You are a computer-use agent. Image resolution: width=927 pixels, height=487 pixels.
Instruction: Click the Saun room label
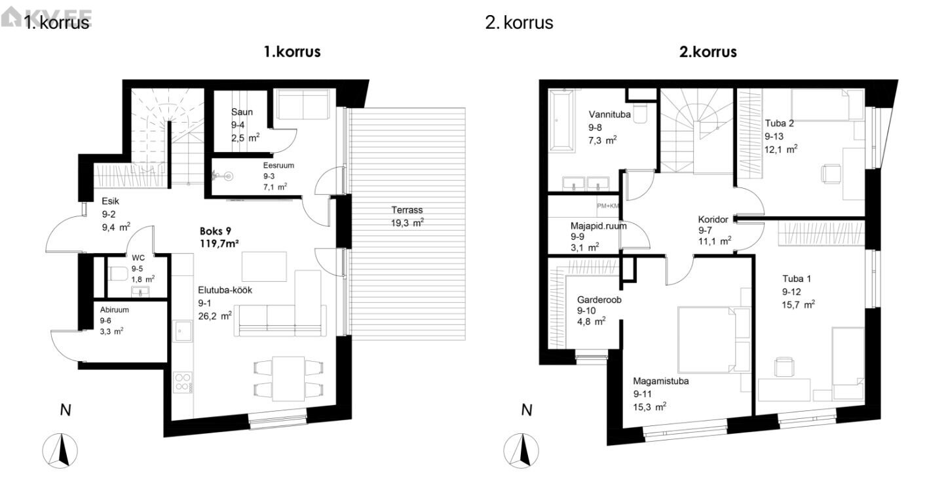point(242,112)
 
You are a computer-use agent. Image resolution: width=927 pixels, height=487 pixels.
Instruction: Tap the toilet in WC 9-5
point(118,274)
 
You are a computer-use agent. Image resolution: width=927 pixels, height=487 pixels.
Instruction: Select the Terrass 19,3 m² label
point(407,216)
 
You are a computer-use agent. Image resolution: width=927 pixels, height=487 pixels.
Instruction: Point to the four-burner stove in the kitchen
point(183,382)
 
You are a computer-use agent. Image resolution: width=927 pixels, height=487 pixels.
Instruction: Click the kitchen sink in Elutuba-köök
point(183,331)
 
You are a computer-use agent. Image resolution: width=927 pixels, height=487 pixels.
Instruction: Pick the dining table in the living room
point(288,378)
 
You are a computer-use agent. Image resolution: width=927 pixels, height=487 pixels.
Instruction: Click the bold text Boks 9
point(216,231)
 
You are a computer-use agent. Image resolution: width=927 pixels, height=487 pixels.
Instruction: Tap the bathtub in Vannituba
point(561,120)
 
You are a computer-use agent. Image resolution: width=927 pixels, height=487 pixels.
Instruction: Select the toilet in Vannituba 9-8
point(640,113)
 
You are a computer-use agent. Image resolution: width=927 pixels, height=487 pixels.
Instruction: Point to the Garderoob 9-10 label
point(599,310)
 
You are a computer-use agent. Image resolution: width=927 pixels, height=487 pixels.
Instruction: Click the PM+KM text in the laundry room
point(608,206)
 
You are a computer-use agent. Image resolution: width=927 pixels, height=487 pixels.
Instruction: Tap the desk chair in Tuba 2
point(831,174)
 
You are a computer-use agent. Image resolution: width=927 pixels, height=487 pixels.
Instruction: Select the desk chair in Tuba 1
point(784,367)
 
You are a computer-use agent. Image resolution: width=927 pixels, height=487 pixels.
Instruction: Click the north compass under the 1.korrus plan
point(60,450)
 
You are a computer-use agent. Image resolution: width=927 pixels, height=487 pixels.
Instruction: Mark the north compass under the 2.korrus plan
point(521,450)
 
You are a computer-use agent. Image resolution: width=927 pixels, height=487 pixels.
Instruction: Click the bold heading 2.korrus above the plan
point(708,52)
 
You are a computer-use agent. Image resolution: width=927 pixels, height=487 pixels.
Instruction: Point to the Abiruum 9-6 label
point(114,321)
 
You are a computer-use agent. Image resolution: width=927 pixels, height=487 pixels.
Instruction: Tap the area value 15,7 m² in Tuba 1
point(799,304)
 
